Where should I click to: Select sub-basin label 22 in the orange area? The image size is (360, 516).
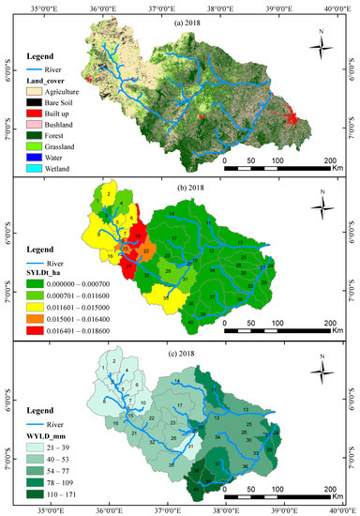click(x=145, y=250)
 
